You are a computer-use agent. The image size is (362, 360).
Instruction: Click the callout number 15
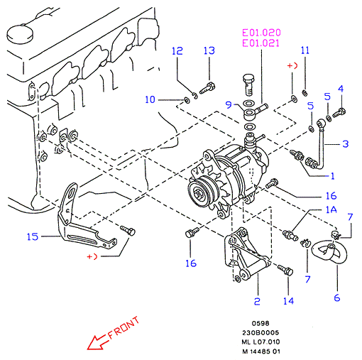33,236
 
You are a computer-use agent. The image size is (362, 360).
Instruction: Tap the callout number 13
209,50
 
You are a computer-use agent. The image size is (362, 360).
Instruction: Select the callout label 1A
331,209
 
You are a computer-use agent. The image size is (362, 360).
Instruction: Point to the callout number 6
337,298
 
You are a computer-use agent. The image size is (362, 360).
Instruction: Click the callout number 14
289,301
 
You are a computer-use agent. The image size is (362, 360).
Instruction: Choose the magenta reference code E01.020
261,33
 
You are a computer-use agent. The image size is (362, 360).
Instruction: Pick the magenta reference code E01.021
261,43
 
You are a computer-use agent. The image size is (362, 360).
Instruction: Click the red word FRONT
124,327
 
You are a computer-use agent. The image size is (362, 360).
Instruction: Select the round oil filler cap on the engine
20,33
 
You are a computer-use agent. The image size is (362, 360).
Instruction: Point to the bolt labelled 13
207,88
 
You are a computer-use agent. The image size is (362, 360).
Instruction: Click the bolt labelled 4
339,113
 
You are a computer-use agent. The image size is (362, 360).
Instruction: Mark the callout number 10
150,99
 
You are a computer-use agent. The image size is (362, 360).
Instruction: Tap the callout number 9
229,104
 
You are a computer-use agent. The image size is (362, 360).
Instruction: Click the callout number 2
257,301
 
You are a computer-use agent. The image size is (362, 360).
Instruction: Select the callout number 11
305,50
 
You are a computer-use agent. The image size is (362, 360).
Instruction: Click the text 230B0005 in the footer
260,332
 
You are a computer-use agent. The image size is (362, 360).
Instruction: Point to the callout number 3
346,143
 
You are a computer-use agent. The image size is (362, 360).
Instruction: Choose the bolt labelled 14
285,270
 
